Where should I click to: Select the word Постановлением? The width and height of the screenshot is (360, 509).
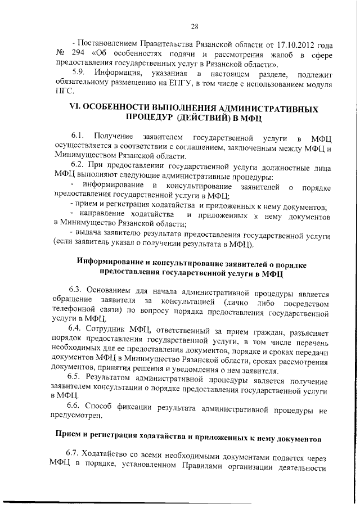tap(110, 44)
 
